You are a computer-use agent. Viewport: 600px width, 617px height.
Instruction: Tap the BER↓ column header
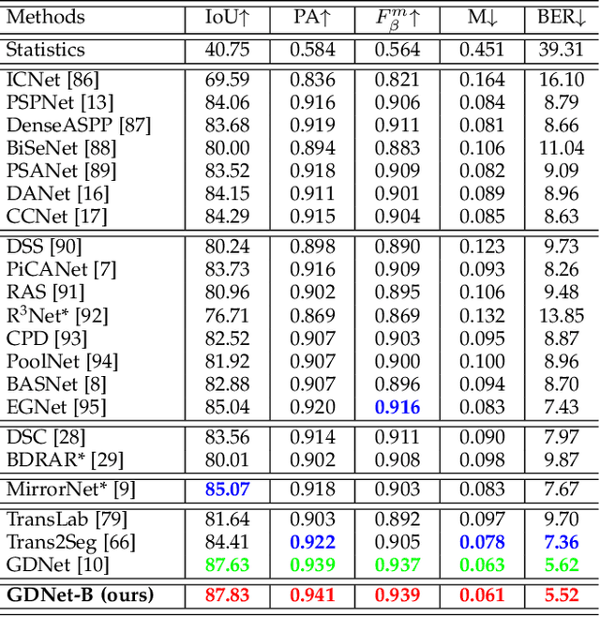point(561,17)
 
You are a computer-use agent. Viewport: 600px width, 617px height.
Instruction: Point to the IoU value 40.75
point(228,50)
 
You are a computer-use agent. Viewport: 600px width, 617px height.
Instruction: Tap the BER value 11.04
point(562,149)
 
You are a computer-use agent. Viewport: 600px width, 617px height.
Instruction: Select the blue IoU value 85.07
point(228,488)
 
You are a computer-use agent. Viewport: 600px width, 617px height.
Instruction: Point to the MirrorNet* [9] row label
point(69,488)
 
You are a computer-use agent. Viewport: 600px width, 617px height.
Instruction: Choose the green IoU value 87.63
point(228,564)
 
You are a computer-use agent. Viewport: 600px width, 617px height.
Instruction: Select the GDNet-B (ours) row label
point(80,595)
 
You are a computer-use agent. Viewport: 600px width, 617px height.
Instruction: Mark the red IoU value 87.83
point(228,595)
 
